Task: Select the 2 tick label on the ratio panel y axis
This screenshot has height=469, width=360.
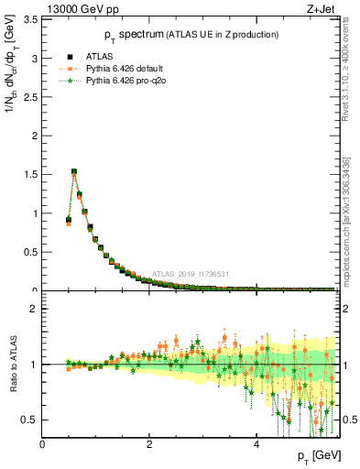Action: point(35,309)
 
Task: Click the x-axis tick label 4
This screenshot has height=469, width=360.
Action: point(256,444)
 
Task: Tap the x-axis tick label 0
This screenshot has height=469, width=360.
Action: point(42,444)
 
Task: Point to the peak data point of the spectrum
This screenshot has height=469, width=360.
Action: point(74,171)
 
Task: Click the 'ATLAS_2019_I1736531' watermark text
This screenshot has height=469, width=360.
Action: point(191,273)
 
